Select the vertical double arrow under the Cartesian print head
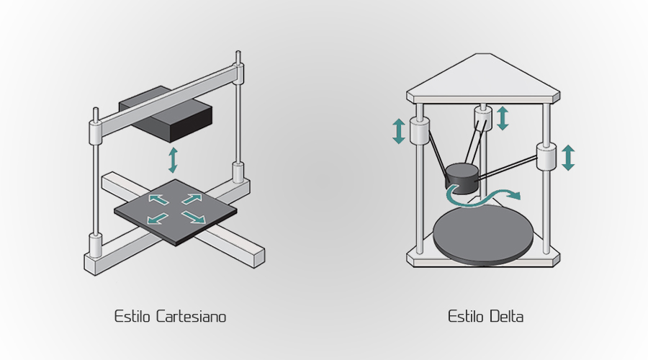pyautogui.click(x=172, y=160)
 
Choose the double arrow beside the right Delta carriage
pyautogui.click(x=568, y=157)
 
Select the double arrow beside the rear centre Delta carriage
pyautogui.click(x=503, y=117)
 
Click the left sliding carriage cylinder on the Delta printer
pyautogui.click(x=419, y=131)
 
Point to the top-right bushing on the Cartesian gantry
pyautogui.click(x=238, y=73)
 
